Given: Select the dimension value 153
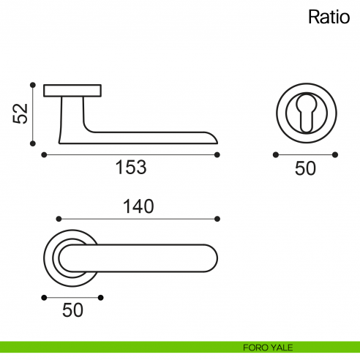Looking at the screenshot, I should [x=131, y=168].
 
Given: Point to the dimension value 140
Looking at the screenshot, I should [x=138, y=207].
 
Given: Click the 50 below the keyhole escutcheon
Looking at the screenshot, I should [x=305, y=168].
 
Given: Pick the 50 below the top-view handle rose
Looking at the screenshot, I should [x=72, y=310].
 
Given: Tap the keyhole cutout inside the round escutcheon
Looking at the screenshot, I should [x=305, y=110].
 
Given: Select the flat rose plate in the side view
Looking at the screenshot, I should [x=72, y=91].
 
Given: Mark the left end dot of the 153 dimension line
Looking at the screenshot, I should [x=44, y=154].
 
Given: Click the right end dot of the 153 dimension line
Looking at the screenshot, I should [x=218, y=154].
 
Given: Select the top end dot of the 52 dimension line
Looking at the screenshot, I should [x=33, y=85].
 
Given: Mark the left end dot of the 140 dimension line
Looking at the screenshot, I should [x=59, y=218].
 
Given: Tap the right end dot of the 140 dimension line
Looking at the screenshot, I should [x=218, y=218].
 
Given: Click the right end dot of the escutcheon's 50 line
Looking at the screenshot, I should [x=335, y=154].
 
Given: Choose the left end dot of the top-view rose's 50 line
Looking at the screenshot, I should [x=44, y=297].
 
